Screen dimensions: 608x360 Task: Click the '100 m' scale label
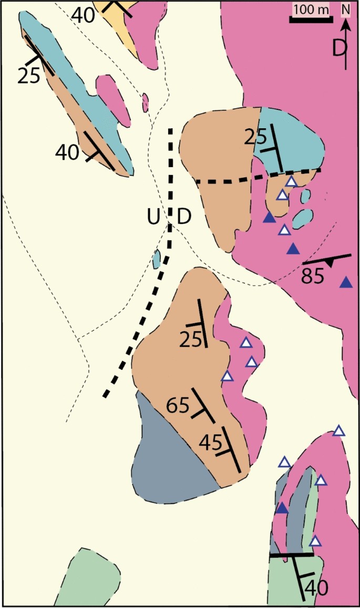click(310, 9)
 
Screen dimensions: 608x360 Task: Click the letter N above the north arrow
click(345, 9)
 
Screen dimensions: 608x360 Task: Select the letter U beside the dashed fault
click(153, 217)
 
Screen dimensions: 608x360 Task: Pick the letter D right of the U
click(183, 217)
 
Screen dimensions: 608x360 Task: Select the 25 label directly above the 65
click(191, 340)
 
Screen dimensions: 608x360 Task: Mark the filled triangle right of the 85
click(346, 283)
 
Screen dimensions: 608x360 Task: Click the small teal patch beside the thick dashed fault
click(156, 258)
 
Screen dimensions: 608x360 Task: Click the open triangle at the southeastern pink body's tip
click(339, 431)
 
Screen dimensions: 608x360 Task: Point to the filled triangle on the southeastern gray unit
click(282, 508)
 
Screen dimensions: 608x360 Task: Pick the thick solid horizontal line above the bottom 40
click(291, 554)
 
